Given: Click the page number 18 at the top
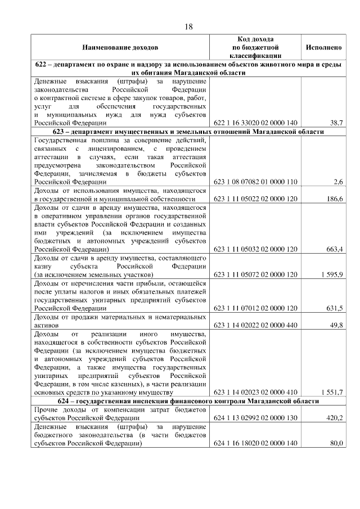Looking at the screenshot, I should (x=189, y=27).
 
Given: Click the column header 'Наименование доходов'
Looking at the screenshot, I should (x=120, y=48).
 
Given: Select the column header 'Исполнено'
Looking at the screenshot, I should (x=323, y=48).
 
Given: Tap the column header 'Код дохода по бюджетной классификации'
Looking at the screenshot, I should (x=255, y=48).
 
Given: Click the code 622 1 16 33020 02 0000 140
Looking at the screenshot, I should (x=255, y=122).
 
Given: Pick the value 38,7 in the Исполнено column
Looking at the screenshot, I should (x=336, y=122).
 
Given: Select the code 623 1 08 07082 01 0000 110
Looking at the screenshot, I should (x=255, y=182).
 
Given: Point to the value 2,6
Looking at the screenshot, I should (x=338, y=182).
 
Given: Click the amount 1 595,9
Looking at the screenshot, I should (x=332, y=274).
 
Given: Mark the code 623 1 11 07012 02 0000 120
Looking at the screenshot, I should (x=255, y=308).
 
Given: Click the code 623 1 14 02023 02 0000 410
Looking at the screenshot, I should (x=255, y=392).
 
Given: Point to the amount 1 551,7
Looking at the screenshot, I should (x=332, y=392).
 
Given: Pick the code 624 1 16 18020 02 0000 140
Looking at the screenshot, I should (x=255, y=443).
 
